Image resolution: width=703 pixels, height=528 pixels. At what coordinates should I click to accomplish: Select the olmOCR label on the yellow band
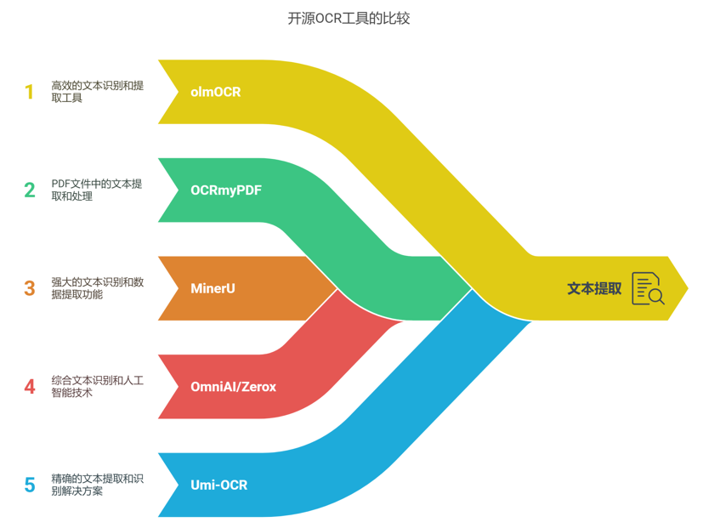216,92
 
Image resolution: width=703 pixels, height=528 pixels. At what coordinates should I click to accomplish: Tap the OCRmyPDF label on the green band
226,190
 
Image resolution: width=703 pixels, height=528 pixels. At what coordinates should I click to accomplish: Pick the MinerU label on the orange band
213,288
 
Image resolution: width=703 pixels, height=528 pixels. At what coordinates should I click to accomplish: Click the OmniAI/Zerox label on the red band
234,387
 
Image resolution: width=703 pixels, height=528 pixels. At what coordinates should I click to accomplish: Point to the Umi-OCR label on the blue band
219,485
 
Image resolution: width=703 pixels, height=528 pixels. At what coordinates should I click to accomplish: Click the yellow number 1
30,92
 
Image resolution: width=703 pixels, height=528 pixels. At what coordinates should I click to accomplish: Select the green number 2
30,190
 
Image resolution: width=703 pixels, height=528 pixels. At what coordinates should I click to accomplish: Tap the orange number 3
30,288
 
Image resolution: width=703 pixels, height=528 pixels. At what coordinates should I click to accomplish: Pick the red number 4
30,387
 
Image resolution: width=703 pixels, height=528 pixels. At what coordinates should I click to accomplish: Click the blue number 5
30,485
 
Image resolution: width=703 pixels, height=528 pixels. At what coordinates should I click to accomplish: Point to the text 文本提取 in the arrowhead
594,288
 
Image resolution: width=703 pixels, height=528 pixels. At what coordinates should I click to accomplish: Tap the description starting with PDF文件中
96,190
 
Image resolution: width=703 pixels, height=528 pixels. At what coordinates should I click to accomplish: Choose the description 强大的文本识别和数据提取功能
97,288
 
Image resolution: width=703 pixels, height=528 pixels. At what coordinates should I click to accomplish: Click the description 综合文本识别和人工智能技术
97,387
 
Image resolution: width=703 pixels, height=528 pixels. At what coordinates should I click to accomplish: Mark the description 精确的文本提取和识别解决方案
97,485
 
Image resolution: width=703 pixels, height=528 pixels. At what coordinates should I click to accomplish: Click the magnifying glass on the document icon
655,296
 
